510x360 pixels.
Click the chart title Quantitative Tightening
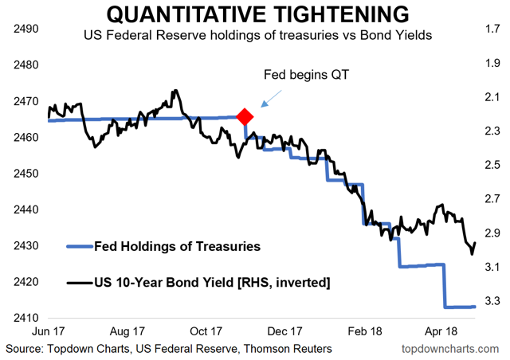click(255, 14)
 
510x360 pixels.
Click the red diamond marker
click(244, 117)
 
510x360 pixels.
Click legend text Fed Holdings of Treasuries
click(177, 246)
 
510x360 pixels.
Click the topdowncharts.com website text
click(453, 349)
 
